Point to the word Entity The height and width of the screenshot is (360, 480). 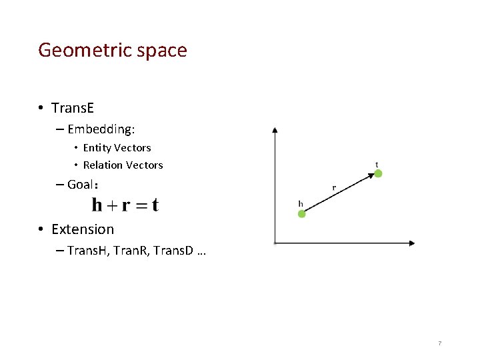click(x=97, y=148)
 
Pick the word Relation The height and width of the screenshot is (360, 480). click(x=103, y=165)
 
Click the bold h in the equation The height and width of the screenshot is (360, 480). click(x=97, y=205)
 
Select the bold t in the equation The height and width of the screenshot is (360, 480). click(x=155, y=205)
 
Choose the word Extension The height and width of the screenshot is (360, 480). click(x=83, y=229)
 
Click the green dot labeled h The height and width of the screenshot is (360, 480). click(x=301, y=214)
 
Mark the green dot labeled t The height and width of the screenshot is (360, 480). click(x=378, y=173)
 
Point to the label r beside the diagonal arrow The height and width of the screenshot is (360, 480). click(x=334, y=188)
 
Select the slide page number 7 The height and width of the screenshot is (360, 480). click(x=439, y=343)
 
